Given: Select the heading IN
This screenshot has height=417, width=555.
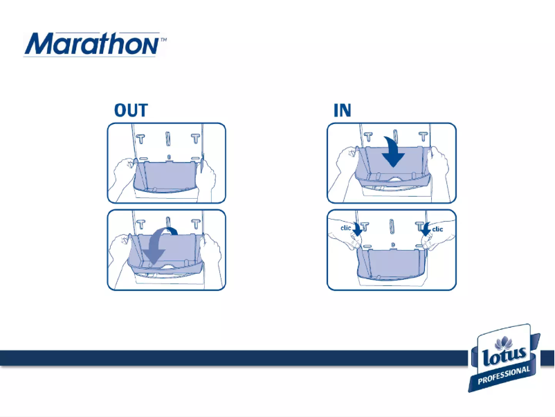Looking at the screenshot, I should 342,111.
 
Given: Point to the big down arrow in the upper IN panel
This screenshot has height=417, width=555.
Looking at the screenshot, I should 394,152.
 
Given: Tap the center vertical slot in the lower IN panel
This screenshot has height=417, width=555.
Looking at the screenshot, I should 391,228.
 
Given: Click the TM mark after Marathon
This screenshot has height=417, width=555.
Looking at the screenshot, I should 163,41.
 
